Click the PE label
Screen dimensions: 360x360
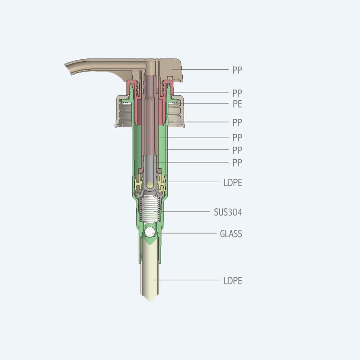[238, 104]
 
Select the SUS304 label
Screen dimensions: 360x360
[228, 212]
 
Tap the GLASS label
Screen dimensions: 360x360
[231, 234]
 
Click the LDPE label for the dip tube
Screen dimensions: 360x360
[233, 281]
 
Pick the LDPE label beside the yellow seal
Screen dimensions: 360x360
[233, 183]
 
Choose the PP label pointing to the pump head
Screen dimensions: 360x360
[237, 70]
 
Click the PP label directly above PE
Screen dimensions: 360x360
[237, 93]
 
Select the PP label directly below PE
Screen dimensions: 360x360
[237, 122]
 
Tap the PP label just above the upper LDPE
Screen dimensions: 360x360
[237, 163]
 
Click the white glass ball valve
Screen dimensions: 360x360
[150, 232]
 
